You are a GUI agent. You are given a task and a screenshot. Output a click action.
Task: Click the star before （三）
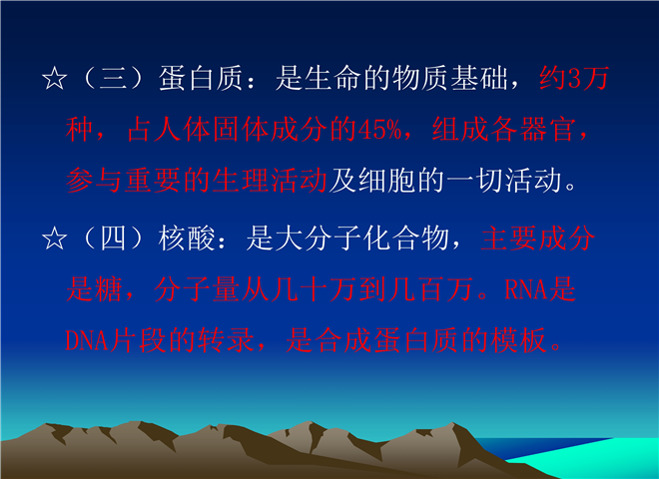click(x=54, y=79)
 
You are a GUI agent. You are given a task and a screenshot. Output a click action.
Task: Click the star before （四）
click(x=54, y=239)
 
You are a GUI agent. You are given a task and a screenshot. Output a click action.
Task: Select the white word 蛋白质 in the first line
click(x=201, y=79)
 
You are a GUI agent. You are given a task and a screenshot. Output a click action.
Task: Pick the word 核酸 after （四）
click(x=187, y=239)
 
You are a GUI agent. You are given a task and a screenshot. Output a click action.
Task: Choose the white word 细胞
click(x=386, y=181)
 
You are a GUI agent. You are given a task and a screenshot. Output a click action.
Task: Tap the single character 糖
click(x=109, y=289)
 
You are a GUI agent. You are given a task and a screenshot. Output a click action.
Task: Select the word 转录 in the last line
click(x=227, y=339)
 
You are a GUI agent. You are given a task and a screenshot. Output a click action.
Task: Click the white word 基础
click(x=479, y=79)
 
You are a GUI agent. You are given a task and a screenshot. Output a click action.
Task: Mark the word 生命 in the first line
click(x=332, y=79)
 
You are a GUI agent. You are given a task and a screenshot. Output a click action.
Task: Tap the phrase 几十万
click(x=314, y=289)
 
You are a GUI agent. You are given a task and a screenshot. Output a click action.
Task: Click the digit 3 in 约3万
click(x=574, y=79)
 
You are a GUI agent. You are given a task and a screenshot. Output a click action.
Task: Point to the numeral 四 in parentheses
click(x=113, y=239)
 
